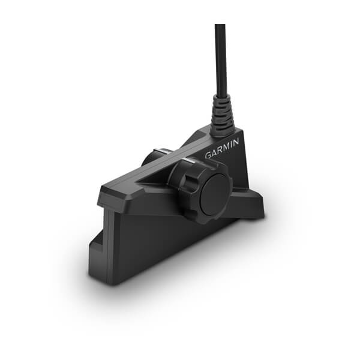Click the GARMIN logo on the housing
point(222,148)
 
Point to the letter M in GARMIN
point(226,146)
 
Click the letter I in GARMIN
point(232,143)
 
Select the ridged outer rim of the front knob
point(180,180)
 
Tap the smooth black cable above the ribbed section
point(220,66)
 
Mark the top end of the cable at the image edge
point(220,26)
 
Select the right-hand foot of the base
point(252,207)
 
